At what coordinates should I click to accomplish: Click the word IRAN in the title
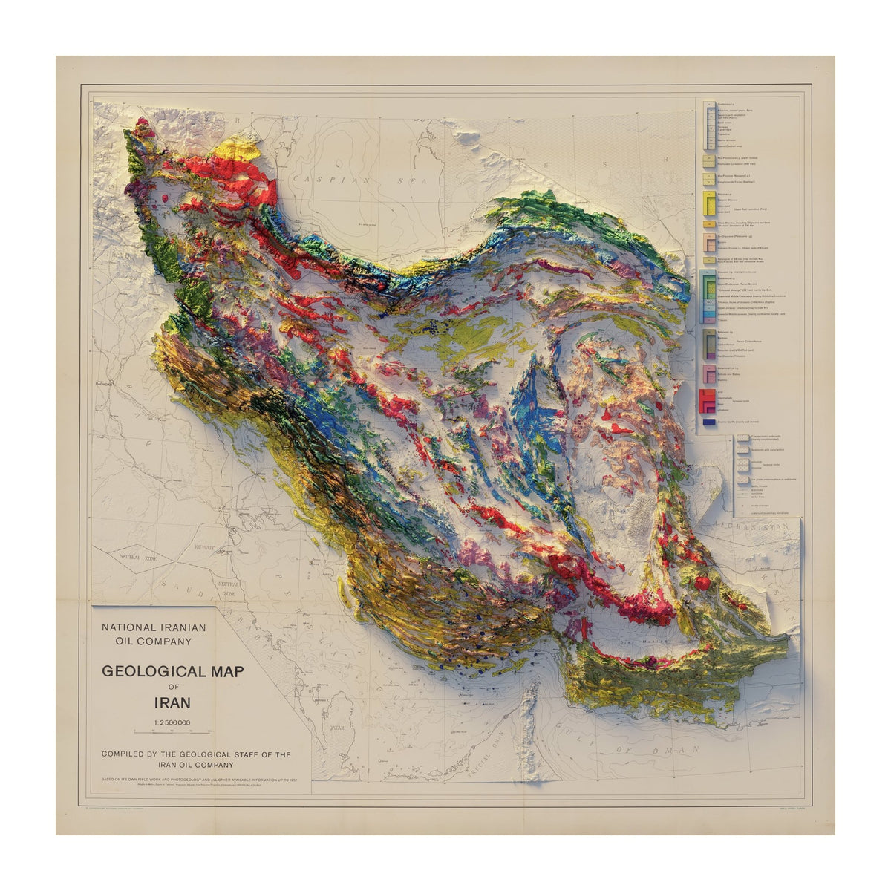point(172,702)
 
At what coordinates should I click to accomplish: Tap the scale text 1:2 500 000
point(172,722)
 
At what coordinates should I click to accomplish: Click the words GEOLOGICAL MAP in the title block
point(172,671)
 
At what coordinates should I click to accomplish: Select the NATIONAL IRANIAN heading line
point(154,627)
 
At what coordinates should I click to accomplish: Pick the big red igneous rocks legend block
point(705,401)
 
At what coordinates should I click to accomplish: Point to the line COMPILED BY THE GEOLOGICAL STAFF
point(196,754)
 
